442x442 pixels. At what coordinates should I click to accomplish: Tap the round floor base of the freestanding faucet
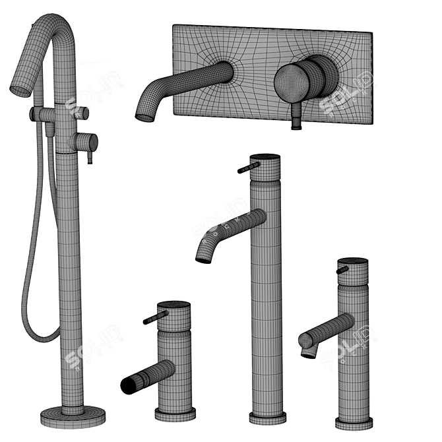73,416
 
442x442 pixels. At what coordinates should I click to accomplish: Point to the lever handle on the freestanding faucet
89,156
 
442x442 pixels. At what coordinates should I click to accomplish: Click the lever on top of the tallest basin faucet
247,167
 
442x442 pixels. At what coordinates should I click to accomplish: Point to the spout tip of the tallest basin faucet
203,257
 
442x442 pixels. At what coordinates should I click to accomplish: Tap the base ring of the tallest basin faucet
267,417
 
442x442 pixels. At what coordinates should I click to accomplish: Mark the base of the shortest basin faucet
175,414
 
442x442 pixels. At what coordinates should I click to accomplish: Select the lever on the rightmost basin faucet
342,270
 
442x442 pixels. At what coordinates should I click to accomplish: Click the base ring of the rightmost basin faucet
353,422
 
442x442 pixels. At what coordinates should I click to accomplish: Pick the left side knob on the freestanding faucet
36,114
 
